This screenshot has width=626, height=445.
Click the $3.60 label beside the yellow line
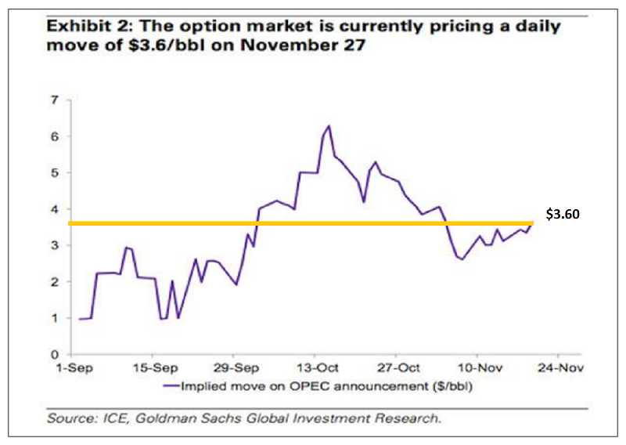tap(562, 213)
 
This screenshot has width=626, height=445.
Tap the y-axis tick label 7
tap(55, 99)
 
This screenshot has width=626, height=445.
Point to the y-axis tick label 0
tap(55, 354)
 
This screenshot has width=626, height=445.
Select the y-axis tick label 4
tap(55, 209)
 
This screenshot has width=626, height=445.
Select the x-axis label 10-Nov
tap(479, 367)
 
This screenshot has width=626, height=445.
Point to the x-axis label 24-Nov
tap(560, 367)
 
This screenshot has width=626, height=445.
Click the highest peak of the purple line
tap(329, 125)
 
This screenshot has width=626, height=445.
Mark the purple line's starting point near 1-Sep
tap(79, 319)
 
